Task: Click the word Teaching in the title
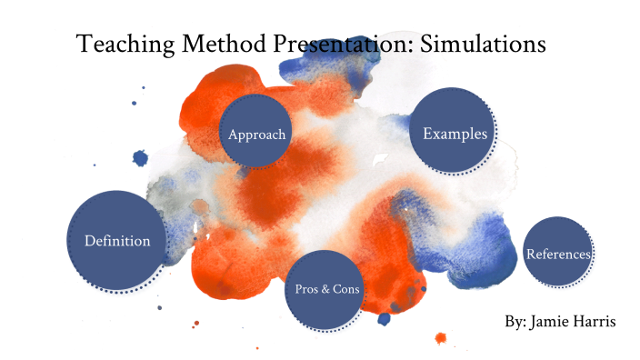pyautogui.click(x=118, y=44)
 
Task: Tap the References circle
pyautogui.click(x=558, y=253)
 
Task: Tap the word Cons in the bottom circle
pyautogui.click(x=346, y=289)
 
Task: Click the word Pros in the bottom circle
pyautogui.click(x=307, y=289)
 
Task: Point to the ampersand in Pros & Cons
pyautogui.click(x=325, y=289)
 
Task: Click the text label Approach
pyautogui.click(x=257, y=135)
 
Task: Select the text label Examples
pyautogui.click(x=455, y=134)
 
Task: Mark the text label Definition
pyautogui.click(x=117, y=241)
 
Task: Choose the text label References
pyautogui.click(x=558, y=254)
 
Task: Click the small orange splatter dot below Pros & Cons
pyautogui.click(x=441, y=338)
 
